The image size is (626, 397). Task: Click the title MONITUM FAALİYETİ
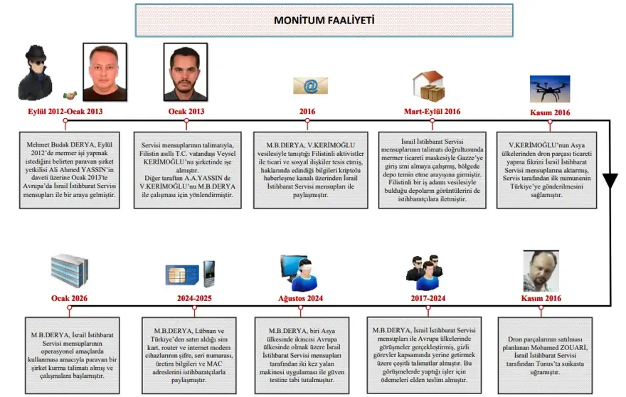[315, 20]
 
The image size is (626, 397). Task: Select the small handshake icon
[70, 95]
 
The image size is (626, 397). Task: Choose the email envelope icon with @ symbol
[310, 86]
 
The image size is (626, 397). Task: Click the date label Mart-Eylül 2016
[432, 112]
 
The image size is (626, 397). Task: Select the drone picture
[549, 89]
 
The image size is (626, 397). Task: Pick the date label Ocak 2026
[69, 298]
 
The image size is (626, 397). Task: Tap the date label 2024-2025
[194, 298]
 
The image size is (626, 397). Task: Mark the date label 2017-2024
[428, 298]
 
